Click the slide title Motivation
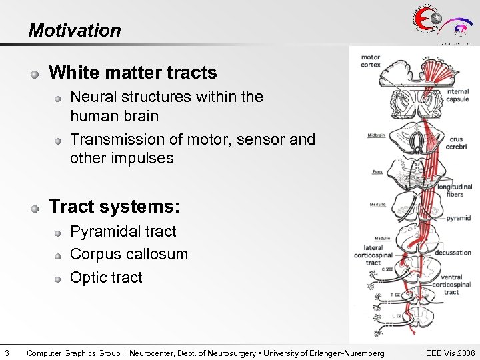click(x=75, y=31)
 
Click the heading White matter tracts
click(x=133, y=72)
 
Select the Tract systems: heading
click(x=115, y=207)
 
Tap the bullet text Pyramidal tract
click(x=123, y=231)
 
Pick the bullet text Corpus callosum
click(x=129, y=254)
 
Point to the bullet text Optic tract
click(x=106, y=277)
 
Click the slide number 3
click(x=6, y=353)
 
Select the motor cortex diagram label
click(x=371, y=61)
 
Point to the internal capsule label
click(x=457, y=95)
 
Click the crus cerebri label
click(x=457, y=143)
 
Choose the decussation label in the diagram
click(x=453, y=253)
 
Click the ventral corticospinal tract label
click(x=451, y=284)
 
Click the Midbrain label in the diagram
click(x=375, y=135)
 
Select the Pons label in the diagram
click(x=377, y=172)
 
